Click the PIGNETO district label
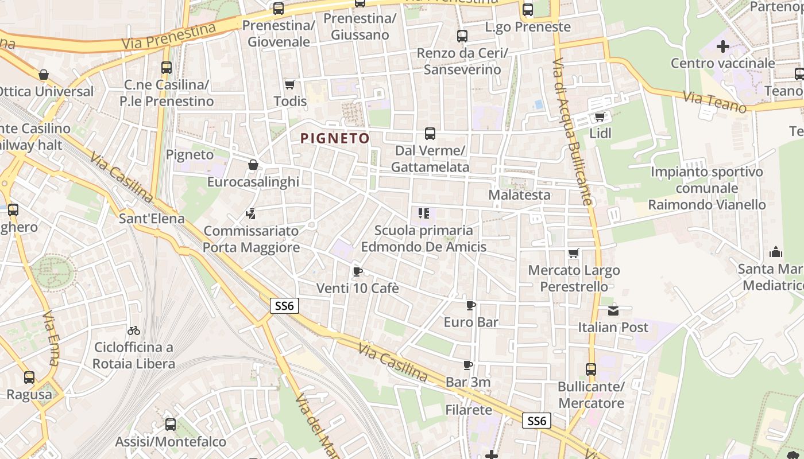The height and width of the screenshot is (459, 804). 335,138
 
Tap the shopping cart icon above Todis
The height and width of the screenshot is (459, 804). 289,84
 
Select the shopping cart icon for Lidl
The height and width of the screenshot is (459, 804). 600,117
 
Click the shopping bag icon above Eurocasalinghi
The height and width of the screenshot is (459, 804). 253,165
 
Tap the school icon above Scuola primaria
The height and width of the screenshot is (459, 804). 424,214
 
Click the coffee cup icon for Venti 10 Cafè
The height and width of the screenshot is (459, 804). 357,271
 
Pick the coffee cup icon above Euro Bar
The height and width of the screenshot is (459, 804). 471,305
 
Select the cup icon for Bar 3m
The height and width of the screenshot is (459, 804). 468,365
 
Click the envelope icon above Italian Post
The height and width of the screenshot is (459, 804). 613,311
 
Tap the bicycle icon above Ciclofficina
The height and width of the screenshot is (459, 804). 134,330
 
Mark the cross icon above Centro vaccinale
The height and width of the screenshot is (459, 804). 723,46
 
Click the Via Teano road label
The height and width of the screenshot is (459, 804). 714,102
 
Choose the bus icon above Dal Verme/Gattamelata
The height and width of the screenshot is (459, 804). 430,134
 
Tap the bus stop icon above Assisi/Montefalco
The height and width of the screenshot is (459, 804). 171,425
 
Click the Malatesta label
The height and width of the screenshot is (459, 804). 519,195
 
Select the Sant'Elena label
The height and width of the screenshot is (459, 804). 152,218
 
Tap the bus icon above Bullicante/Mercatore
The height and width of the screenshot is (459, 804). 591,369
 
